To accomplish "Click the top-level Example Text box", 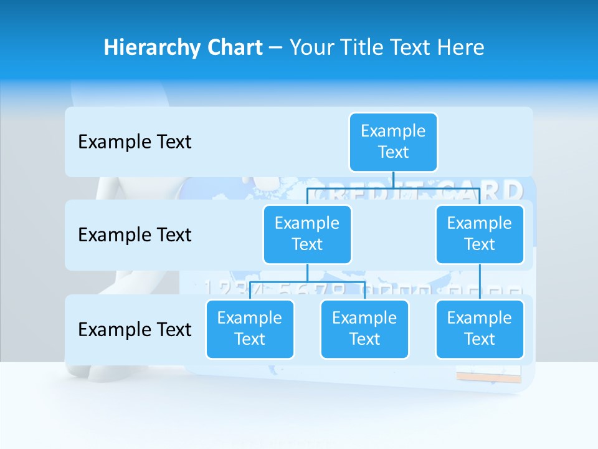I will coord(393,142).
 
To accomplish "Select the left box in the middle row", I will coord(307,234).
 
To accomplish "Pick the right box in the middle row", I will coord(480,234).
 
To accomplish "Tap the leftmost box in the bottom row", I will coord(250,329).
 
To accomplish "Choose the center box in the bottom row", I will coord(364,329).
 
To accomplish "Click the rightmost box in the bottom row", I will coord(480,329).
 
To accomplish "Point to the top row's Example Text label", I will coord(135,142).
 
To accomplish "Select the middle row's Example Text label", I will coord(135,235).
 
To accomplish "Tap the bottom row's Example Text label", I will coord(135,329).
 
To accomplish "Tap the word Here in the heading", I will coord(460,47).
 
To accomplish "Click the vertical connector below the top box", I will coord(393,180).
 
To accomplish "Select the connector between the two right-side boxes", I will coord(480,282).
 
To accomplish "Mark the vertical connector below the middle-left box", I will coord(307,273).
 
